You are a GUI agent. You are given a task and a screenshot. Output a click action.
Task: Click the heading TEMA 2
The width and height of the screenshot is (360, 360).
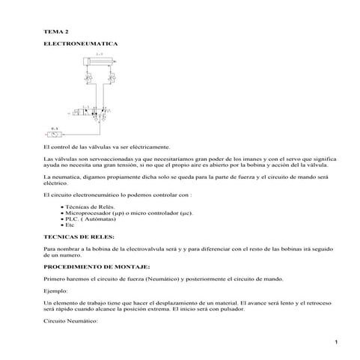56,31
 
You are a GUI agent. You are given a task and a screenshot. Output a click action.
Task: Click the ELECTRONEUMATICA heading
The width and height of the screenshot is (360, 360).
80,46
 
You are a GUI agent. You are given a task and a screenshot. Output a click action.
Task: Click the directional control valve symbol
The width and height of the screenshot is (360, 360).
94,113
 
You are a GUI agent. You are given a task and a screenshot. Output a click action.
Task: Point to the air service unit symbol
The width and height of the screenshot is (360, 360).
55,136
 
